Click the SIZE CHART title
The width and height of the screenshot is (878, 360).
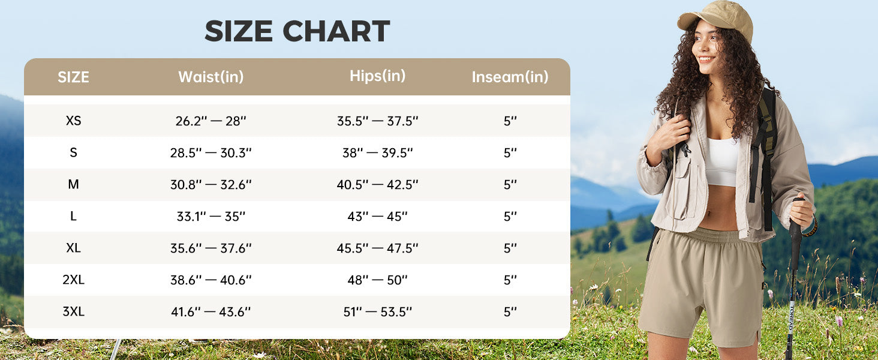(x=297, y=31)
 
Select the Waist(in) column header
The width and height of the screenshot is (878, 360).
(x=211, y=77)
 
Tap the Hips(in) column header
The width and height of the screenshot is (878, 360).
(x=377, y=76)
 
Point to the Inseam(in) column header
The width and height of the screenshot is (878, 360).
(x=510, y=77)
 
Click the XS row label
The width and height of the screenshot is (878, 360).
(x=73, y=121)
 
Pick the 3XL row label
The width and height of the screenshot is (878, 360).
(x=73, y=311)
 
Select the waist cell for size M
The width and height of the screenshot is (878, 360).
(x=211, y=184)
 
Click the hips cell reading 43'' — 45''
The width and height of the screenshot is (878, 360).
(x=377, y=216)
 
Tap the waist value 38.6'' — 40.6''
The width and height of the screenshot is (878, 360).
(x=211, y=280)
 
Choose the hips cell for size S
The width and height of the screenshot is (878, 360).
(x=377, y=152)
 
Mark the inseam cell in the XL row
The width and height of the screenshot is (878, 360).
(x=510, y=248)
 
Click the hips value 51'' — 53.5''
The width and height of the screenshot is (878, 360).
(x=377, y=311)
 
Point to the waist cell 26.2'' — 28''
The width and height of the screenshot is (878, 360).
(x=211, y=121)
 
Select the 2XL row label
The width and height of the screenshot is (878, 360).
(x=73, y=280)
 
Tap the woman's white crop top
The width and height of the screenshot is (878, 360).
(x=722, y=161)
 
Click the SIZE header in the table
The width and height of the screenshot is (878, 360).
(x=73, y=77)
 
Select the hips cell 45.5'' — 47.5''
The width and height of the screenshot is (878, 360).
(x=377, y=248)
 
